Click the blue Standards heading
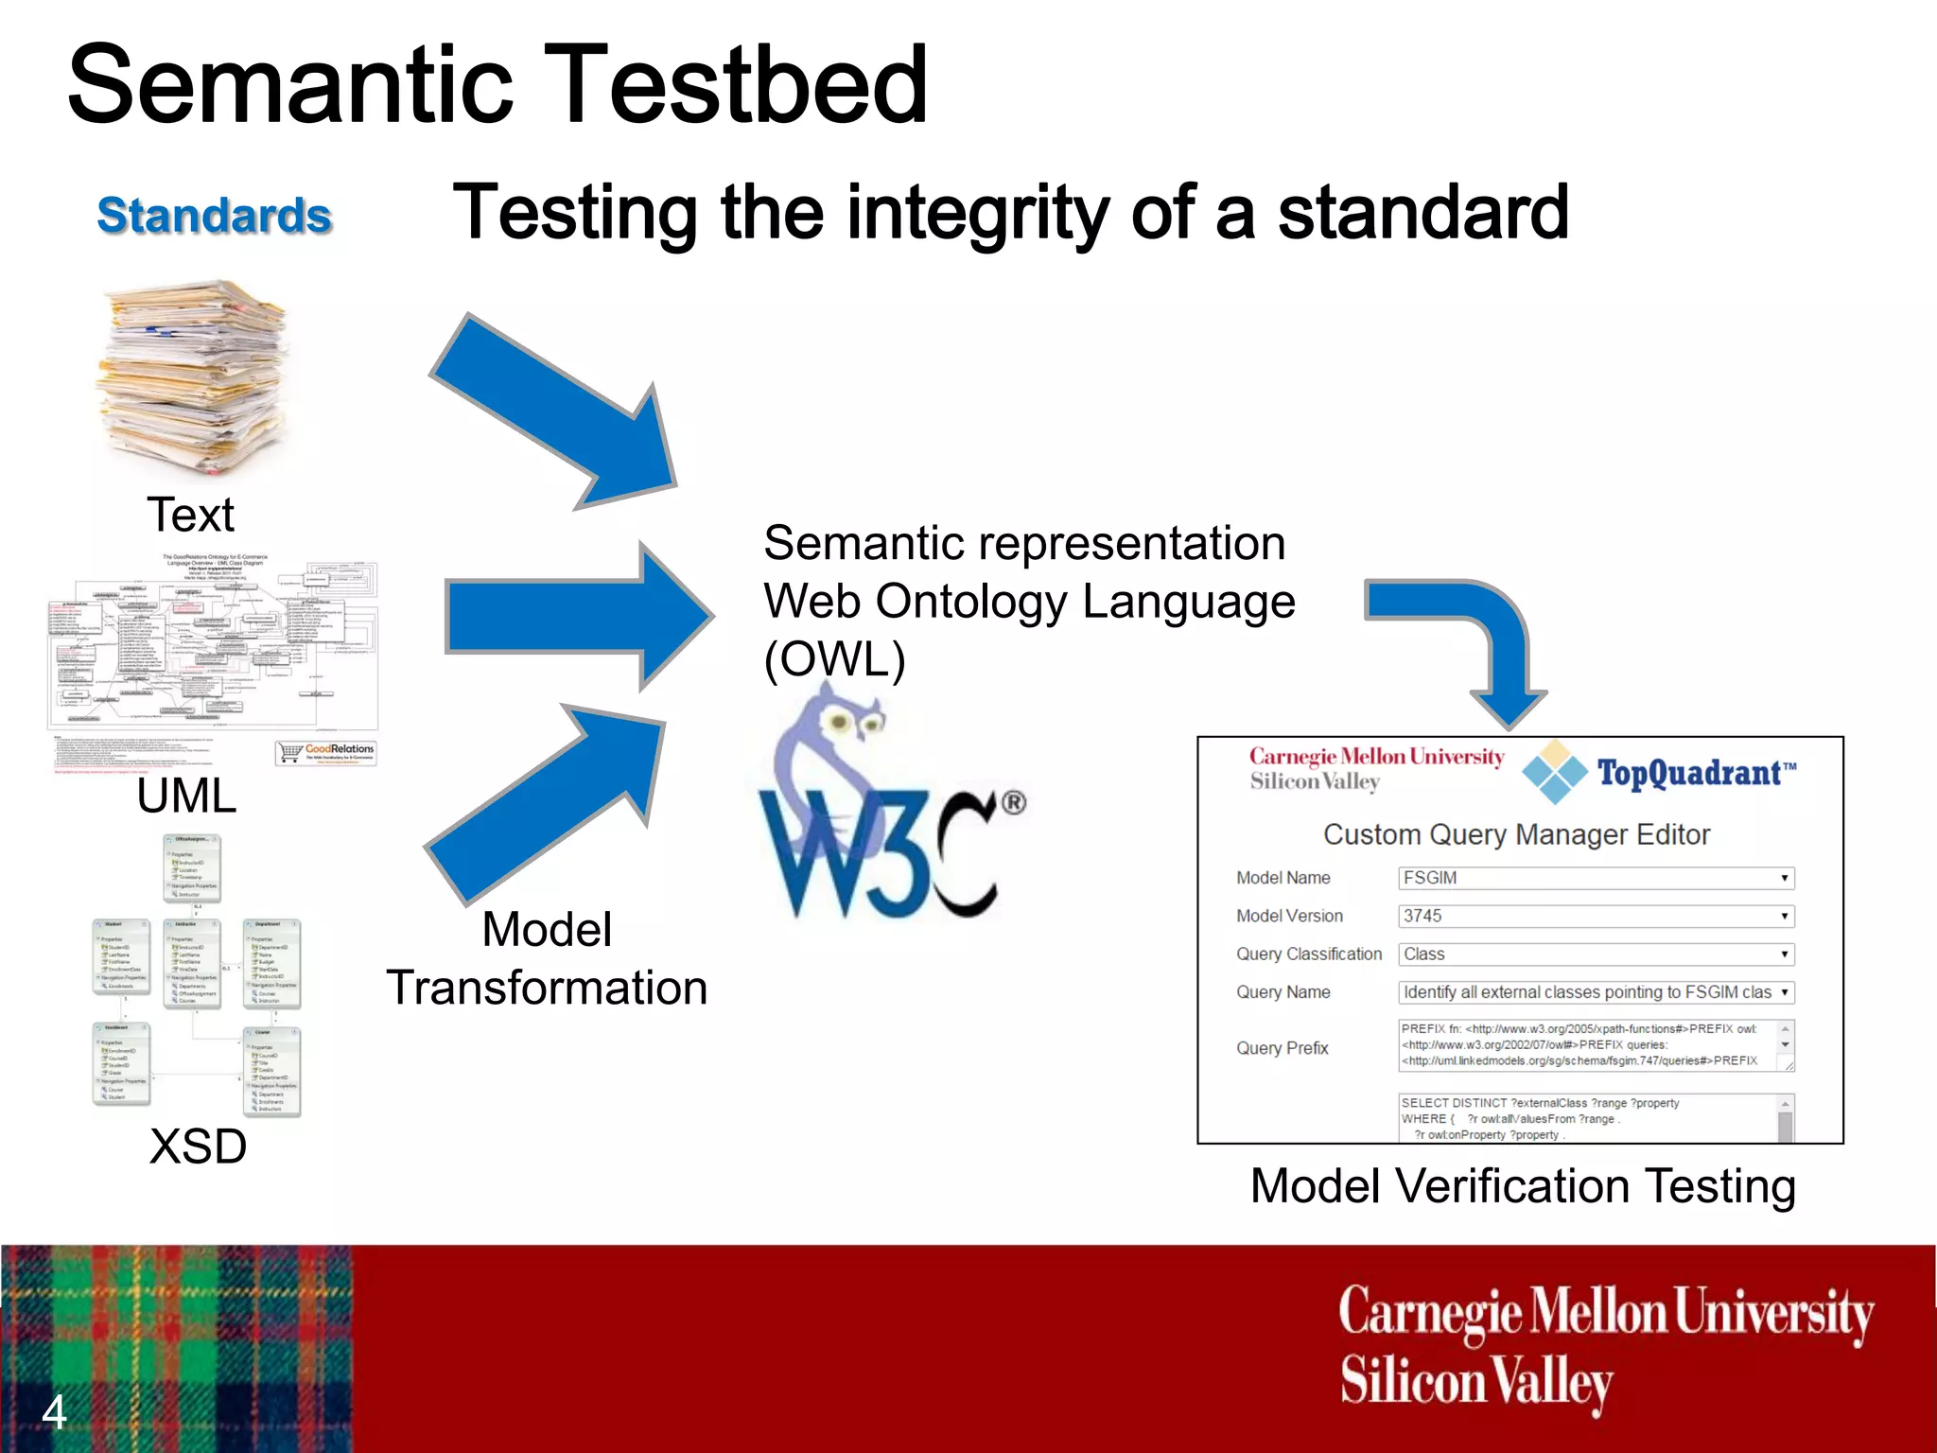click(x=215, y=216)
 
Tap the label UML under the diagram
click(x=186, y=796)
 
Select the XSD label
click(x=198, y=1147)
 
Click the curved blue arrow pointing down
click(x=1475, y=643)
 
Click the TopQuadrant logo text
click(x=1693, y=774)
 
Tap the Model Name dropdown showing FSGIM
click(x=1596, y=878)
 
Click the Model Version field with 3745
click(x=1596, y=916)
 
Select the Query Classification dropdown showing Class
click(x=1596, y=954)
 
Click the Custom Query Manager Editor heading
click(x=1516, y=834)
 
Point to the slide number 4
click(x=54, y=1412)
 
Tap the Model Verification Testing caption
click(x=1522, y=1186)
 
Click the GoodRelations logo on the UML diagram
click(x=326, y=752)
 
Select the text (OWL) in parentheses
click(x=834, y=659)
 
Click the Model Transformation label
click(x=547, y=958)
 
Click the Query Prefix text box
click(x=1589, y=1045)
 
